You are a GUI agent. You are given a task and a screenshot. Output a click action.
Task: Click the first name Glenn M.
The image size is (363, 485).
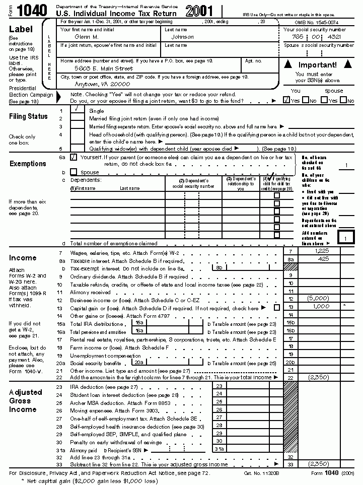[86, 37]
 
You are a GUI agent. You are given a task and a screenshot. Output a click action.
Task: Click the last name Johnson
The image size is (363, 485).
[182, 37]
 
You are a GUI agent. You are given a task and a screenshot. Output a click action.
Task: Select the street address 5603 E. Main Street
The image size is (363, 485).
[103, 68]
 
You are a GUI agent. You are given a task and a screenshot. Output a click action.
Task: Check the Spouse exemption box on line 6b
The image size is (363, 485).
[74, 172]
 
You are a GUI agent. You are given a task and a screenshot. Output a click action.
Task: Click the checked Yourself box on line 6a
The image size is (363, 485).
[74, 157]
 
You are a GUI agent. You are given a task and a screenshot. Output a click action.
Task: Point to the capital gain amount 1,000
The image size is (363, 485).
[320, 306]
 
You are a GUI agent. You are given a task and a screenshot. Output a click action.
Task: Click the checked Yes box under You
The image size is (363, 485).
[286, 100]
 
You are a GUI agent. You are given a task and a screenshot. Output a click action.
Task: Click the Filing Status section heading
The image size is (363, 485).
[28, 116]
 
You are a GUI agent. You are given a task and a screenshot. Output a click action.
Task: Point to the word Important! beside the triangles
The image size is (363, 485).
[317, 65]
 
